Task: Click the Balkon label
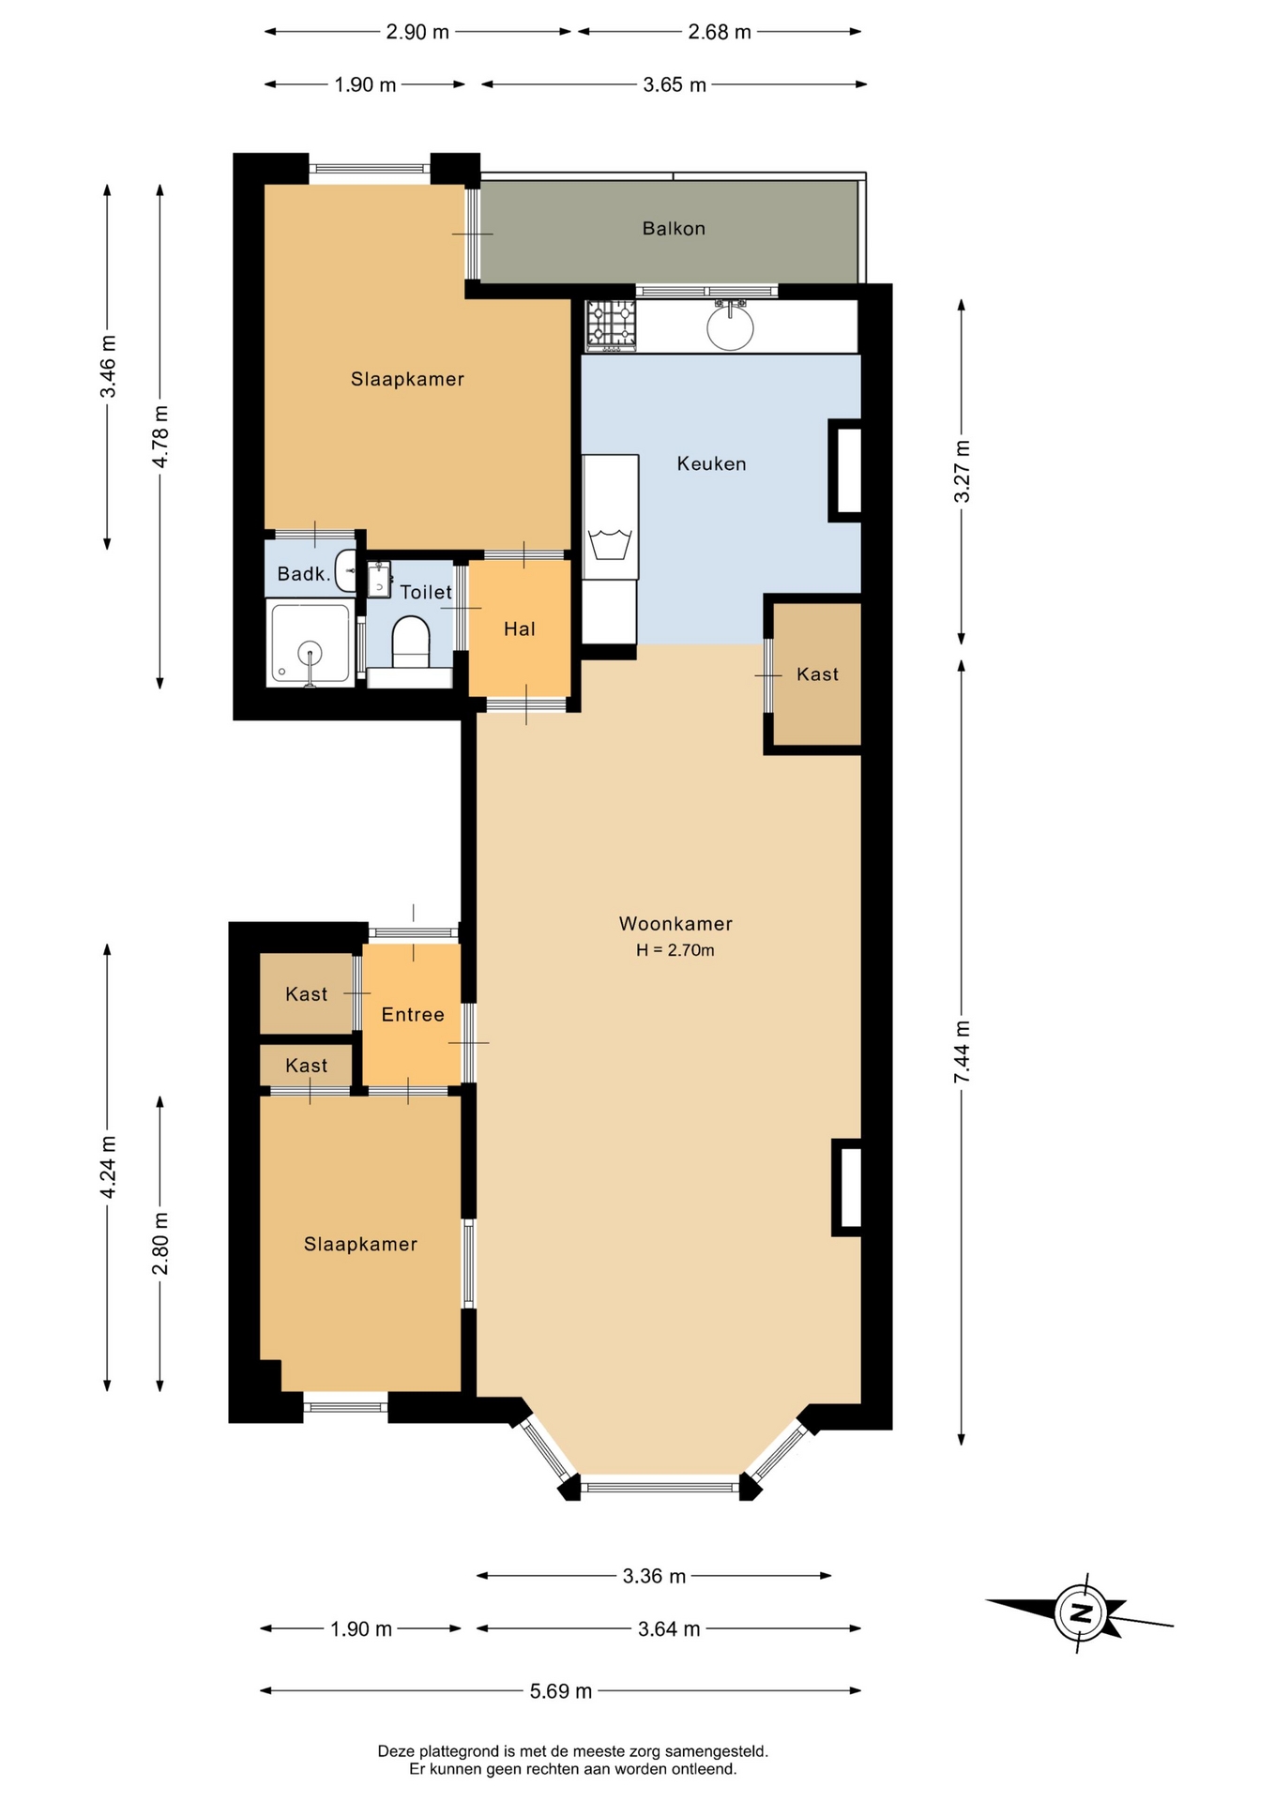click(x=674, y=228)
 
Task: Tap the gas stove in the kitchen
click(x=611, y=325)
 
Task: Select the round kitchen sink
click(x=729, y=325)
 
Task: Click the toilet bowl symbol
click(x=409, y=641)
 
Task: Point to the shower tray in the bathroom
click(x=310, y=644)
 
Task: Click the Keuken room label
click(x=712, y=463)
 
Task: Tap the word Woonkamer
click(x=675, y=923)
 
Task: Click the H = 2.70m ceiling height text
click(x=675, y=950)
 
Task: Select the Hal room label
click(x=520, y=628)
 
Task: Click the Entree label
click(x=413, y=1014)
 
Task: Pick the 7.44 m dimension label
click(x=962, y=1052)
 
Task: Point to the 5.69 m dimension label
click(x=561, y=1690)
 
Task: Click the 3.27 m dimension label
click(x=962, y=471)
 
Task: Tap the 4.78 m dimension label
click(x=160, y=436)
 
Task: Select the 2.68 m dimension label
click(x=720, y=32)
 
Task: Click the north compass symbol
click(x=1081, y=1613)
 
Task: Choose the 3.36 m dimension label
click(x=654, y=1576)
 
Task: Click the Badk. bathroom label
click(x=304, y=574)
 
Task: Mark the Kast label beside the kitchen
click(x=817, y=673)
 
